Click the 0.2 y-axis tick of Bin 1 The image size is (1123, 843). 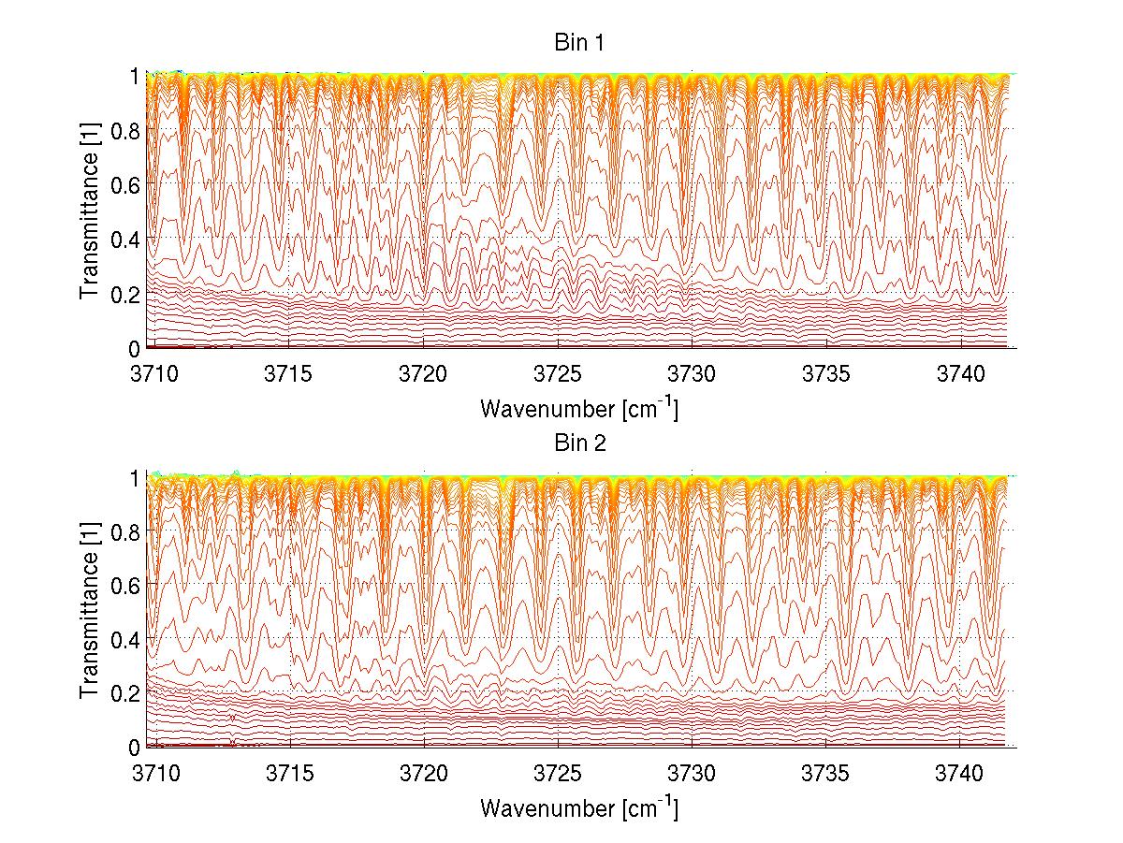[x=124, y=293]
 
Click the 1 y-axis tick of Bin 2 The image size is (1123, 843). [x=135, y=477]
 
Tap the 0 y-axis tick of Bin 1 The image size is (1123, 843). [x=135, y=348]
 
